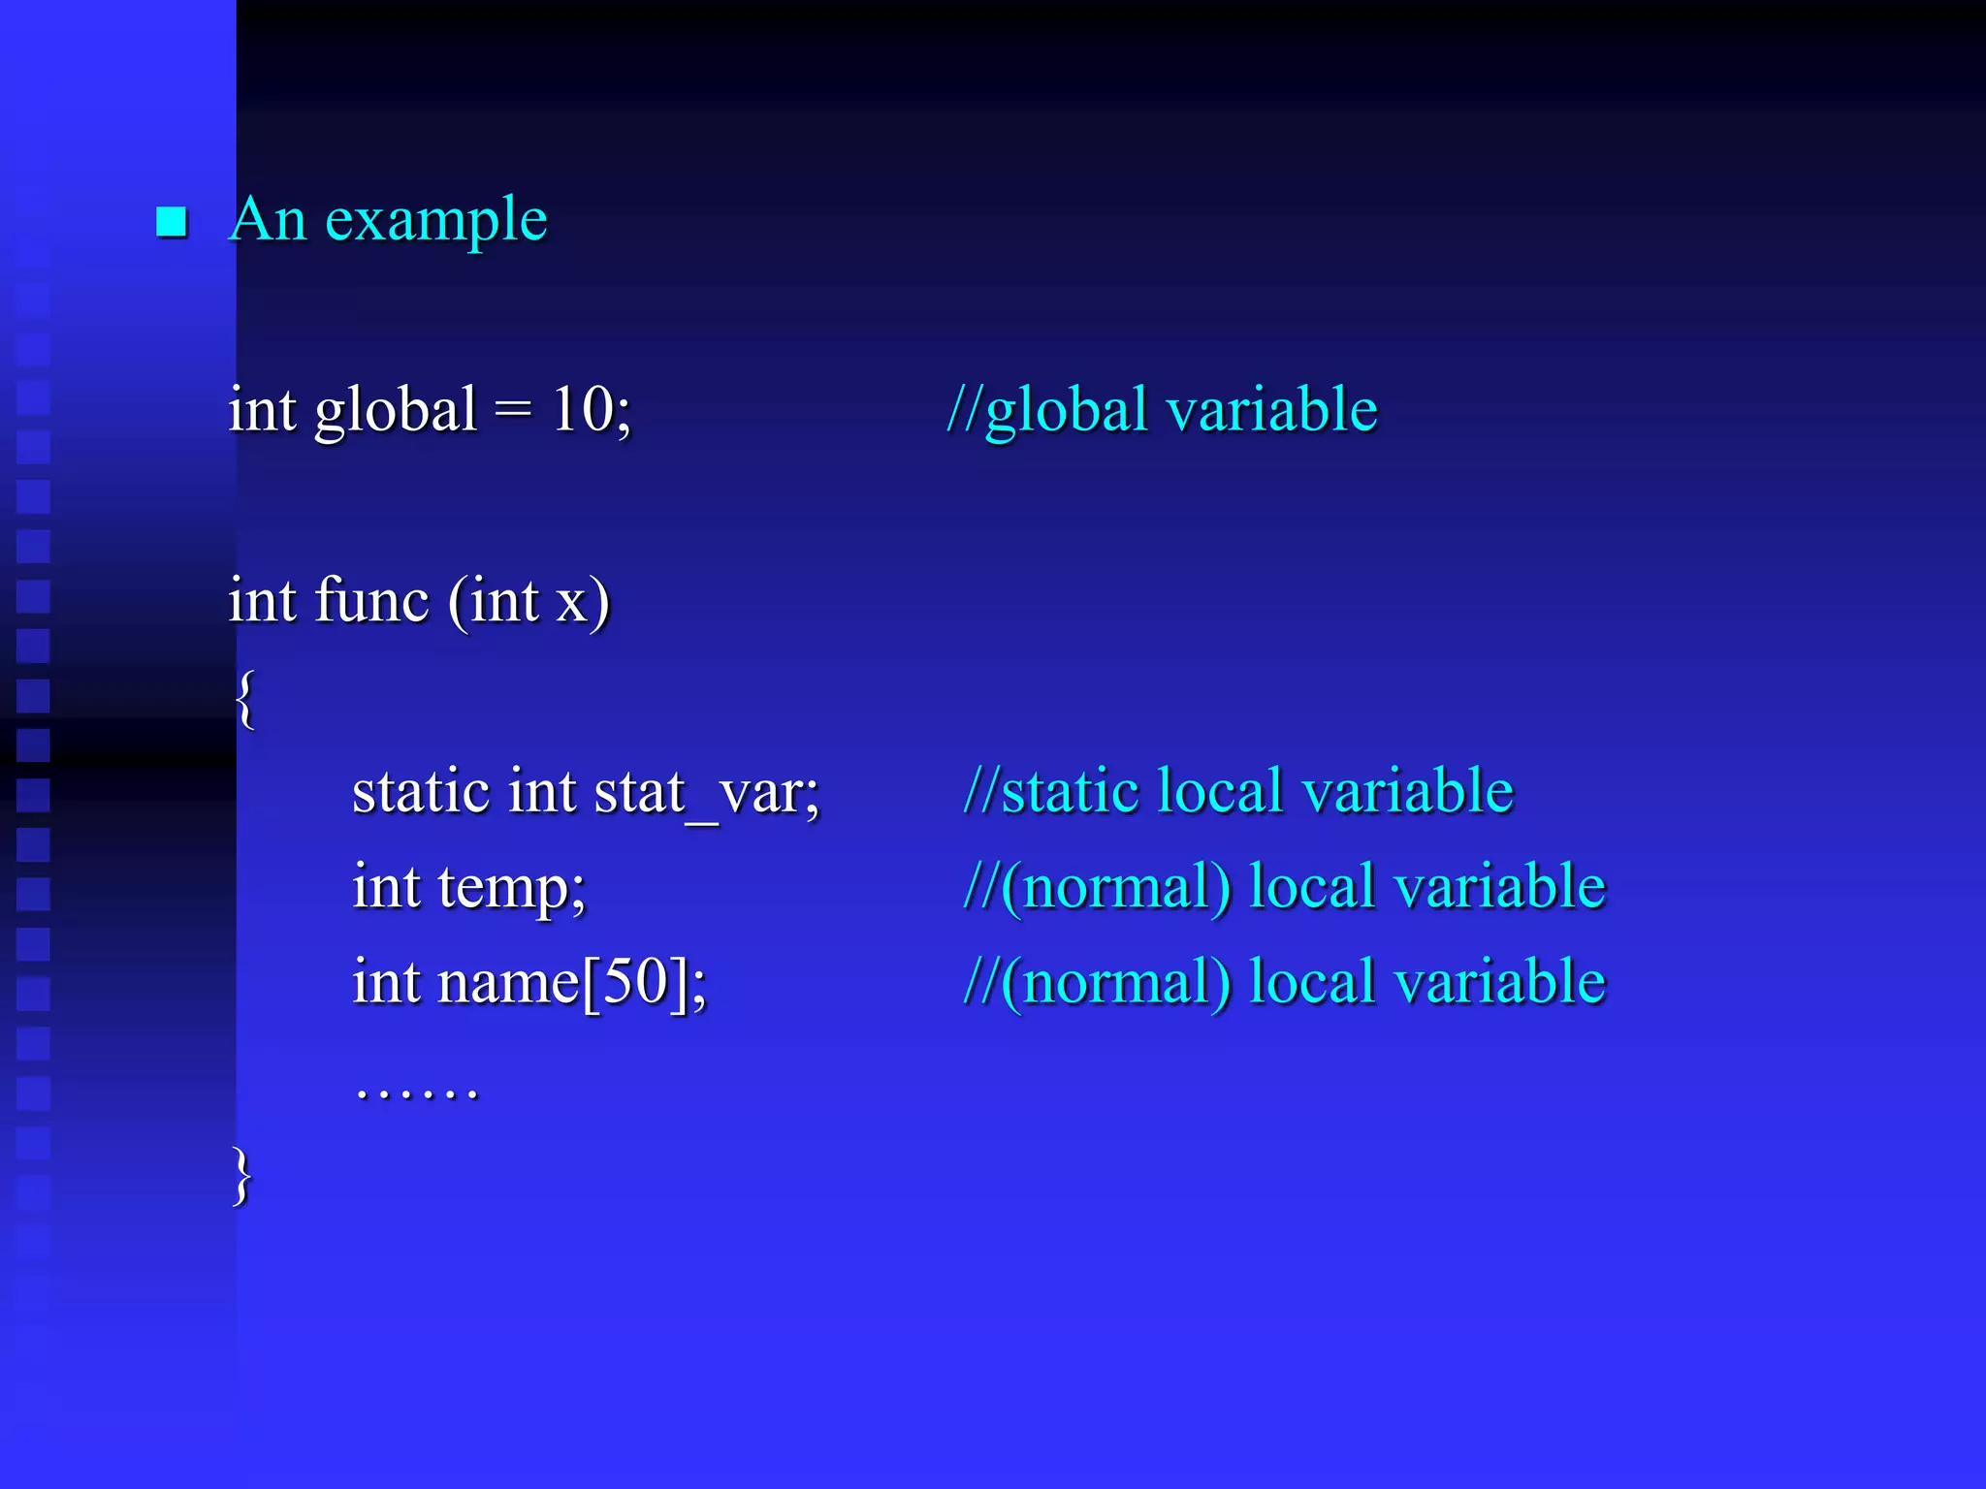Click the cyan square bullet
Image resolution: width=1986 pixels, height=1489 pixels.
click(x=172, y=222)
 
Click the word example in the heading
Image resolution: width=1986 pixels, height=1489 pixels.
click(x=436, y=221)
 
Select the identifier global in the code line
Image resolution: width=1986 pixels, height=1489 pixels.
click(x=396, y=411)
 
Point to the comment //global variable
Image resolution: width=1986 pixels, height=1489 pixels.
click(x=1162, y=409)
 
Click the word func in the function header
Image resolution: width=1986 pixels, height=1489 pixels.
click(x=371, y=600)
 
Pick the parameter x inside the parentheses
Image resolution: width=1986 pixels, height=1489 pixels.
click(x=570, y=602)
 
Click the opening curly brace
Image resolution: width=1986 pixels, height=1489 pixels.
click(x=245, y=699)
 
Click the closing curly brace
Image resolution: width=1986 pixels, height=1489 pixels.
click(x=241, y=1176)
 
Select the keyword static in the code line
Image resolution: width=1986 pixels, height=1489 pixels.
click(x=421, y=791)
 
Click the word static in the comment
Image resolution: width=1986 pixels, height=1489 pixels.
click(x=1070, y=790)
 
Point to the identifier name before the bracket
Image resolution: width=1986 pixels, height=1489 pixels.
click(x=508, y=982)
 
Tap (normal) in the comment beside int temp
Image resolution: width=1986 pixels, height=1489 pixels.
click(x=1116, y=886)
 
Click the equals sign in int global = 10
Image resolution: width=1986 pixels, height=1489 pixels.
click(x=513, y=411)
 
